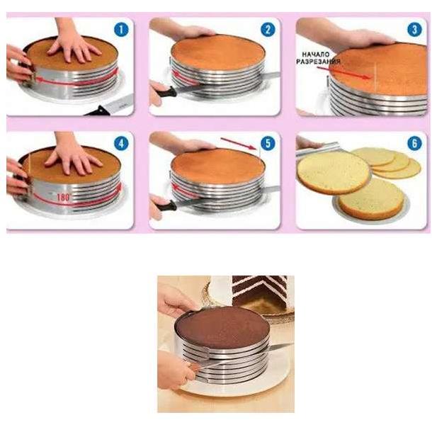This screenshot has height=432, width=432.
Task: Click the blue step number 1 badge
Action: coord(121,29)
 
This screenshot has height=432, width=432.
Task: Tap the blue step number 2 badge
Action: coord(267,29)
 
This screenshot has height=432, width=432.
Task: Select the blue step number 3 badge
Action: coord(414,29)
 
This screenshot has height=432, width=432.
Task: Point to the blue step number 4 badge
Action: coord(121,143)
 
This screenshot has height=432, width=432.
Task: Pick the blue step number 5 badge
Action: coord(267,143)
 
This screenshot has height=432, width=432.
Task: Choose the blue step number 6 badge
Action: coord(414,143)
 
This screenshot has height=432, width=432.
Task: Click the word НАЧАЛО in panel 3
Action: coord(316,55)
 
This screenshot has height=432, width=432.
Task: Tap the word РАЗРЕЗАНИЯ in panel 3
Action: coord(319,61)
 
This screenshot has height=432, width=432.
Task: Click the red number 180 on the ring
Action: coord(63,198)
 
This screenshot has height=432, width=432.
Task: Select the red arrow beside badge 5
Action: coord(239,144)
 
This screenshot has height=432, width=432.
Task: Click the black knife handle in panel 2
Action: coord(166,92)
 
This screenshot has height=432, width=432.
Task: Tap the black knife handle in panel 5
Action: coord(166,206)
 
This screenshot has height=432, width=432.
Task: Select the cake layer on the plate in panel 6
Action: coord(371,199)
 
